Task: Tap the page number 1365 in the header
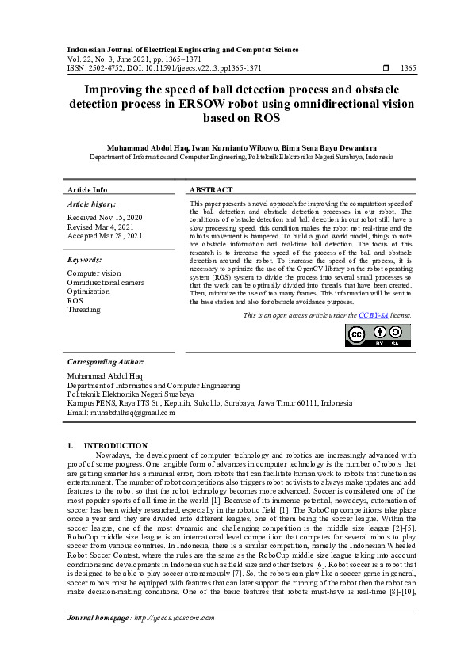[x=408, y=68]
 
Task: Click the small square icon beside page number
[x=386, y=68]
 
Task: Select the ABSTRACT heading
[x=212, y=190]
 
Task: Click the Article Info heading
[x=87, y=190]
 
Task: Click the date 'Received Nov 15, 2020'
[x=105, y=217]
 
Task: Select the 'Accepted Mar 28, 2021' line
[x=105, y=236]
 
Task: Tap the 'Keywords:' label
[x=84, y=260]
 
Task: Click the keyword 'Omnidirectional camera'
[x=106, y=282]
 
